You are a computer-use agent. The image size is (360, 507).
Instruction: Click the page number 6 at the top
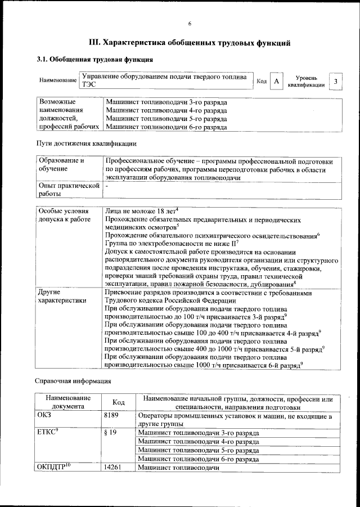click(x=190, y=24)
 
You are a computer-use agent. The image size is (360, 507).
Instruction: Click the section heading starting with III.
click(x=190, y=42)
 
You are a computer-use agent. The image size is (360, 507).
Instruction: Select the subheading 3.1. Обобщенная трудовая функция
click(x=94, y=60)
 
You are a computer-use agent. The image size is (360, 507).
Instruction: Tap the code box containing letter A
click(x=276, y=82)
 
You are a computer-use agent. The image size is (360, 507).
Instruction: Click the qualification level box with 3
click(x=335, y=82)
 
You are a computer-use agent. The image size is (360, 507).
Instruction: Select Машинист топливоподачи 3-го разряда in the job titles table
click(x=166, y=103)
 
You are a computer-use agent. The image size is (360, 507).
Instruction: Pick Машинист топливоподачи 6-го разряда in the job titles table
click(x=166, y=127)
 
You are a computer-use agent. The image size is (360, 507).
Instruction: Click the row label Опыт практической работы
click(x=68, y=189)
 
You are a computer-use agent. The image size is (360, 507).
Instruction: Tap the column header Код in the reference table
click(x=118, y=402)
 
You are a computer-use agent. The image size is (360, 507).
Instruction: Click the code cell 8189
click(x=112, y=416)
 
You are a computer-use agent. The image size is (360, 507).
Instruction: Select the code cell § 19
click(x=110, y=433)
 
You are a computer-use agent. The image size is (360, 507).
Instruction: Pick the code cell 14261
click(x=114, y=467)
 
